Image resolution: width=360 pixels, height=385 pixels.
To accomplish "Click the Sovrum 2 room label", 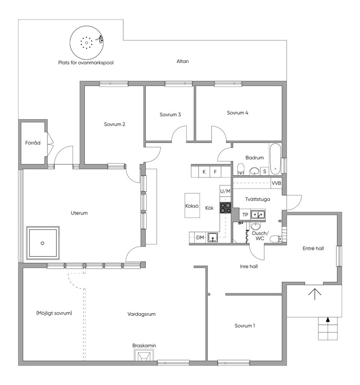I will coord(115,124).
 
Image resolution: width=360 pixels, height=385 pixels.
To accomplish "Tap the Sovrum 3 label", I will coord(170,115).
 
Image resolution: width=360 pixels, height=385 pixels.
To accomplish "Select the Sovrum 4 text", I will coord(237,112).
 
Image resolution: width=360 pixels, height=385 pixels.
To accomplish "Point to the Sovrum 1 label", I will coord(245,326).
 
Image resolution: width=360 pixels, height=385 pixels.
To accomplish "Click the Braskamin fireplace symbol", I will coord(144,355).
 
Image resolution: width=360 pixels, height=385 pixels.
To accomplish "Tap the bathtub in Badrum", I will coord(275,158).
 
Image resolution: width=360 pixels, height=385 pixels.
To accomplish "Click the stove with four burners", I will coord(225,208).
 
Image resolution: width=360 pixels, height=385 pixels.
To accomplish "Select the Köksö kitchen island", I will coord(192,206).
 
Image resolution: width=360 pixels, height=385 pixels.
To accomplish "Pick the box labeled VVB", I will coord(276,183).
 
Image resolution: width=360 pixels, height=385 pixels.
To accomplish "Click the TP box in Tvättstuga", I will coord(245,215).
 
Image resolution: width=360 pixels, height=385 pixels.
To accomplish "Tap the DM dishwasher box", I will coord(200,237).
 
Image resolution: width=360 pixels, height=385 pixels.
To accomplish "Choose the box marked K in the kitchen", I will coord(204,172).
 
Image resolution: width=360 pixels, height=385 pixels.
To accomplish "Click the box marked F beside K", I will coord(215,172).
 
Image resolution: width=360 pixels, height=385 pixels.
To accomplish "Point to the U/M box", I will coord(225,191).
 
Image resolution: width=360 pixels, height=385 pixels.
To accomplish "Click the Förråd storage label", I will coord(33,143).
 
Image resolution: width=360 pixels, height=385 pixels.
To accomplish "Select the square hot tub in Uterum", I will coord(42,243).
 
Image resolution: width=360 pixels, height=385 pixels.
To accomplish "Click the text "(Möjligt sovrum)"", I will coord(54,313).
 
